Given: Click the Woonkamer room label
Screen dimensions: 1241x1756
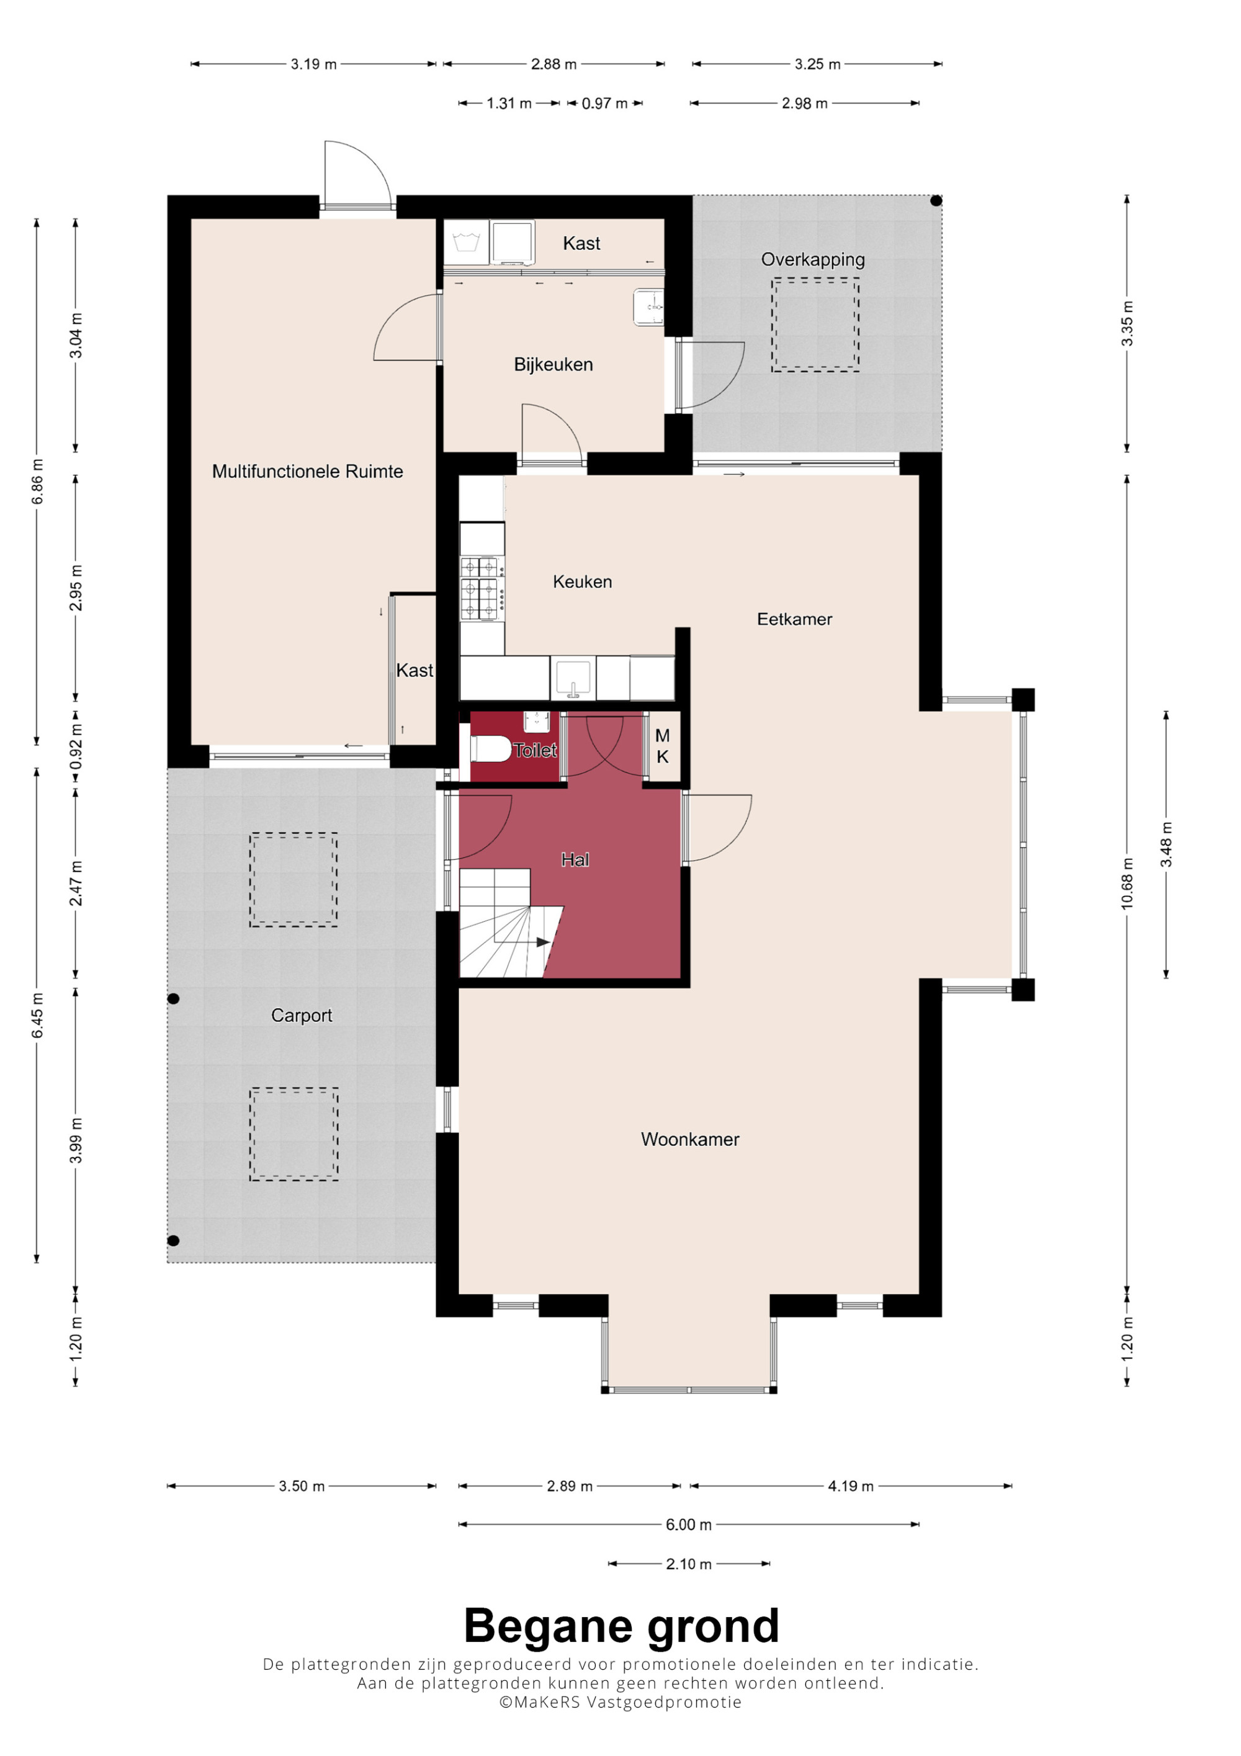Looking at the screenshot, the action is point(690,1140).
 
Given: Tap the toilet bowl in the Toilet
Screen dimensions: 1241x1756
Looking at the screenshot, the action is point(490,749).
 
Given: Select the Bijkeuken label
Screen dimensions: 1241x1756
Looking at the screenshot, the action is point(553,365).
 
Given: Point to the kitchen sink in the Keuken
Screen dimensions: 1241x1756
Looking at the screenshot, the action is point(573,678).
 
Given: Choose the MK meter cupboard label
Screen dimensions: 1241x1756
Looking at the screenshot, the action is point(662,746).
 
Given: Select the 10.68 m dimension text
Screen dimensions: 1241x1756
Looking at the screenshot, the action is point(1126,884).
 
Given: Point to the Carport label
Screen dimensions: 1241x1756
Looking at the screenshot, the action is point(302,1015).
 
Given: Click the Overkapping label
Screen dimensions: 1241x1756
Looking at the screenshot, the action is point(813,259).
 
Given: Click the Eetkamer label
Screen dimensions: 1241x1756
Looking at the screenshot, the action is point(794,619).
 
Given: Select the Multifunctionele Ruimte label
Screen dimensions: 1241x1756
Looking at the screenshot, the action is point(307,471).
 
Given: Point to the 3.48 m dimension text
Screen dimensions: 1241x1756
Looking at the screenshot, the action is point(1166,844).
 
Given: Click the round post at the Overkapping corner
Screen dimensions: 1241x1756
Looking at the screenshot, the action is point(936,201).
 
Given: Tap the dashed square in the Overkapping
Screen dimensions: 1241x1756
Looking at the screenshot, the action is point(815,325).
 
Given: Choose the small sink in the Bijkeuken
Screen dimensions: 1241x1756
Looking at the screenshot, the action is point(648,307).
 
